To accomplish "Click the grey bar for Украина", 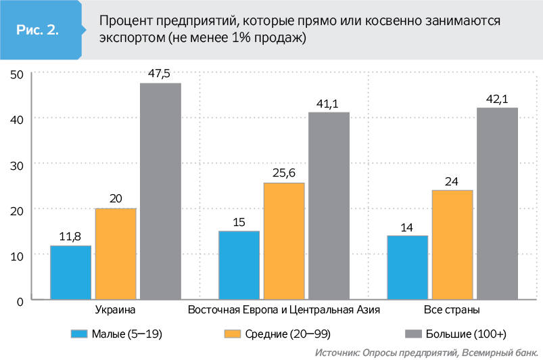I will pyautogui.click(x=160, y=191).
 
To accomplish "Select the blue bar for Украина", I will pyautogui.click(x=70, y=272).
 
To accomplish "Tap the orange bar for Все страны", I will pyautogui.click(x=452, y=244).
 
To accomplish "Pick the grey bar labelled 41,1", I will pyautogui.click(x=329, y=205).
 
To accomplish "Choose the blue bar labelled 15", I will pyautogui.click(x=239, y=265).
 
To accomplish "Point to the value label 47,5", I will pyautogui.click(x=160, y=72).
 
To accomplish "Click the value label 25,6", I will pyautogui.click(x=284, y=172).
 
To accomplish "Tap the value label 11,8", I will pyautogui.click(x=70, y=235).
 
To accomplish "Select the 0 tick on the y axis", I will pyautogui.click(x=21, y=300).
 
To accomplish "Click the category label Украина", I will pyautogui.click(x=114, y=311).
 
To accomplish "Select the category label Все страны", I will pyautogui.click(x=452, y=311).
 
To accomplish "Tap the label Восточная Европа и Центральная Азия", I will pyautogui.click(x=284, y=311).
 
